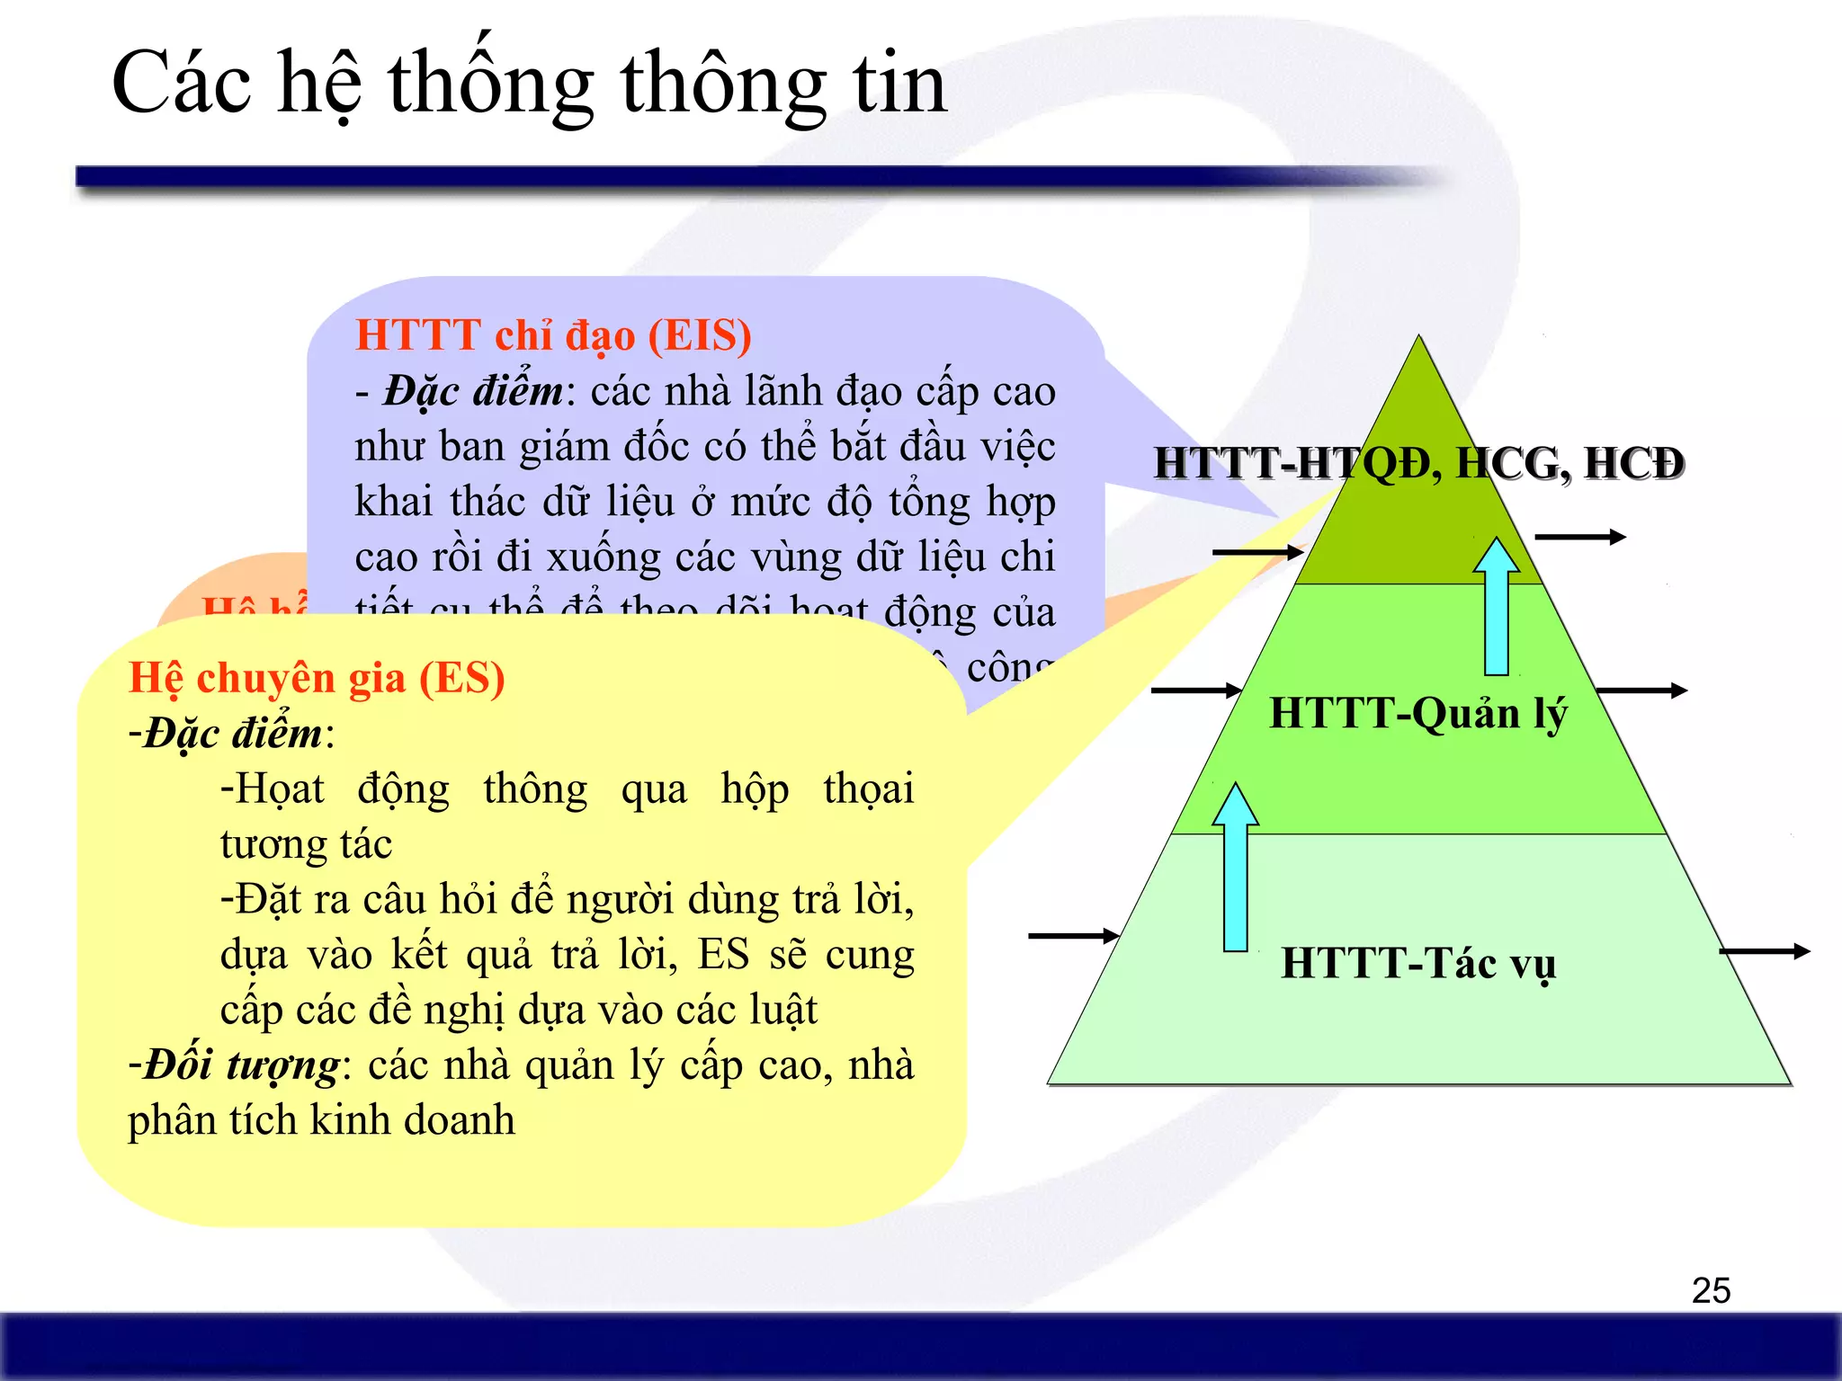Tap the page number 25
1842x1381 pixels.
click(1711, 1290)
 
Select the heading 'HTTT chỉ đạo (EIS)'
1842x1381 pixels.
click(553, 334)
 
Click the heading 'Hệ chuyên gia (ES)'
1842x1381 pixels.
click(317, 677)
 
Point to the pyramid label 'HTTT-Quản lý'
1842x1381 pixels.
click(1418, 713)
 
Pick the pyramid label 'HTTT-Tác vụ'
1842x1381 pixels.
click(1418, 963)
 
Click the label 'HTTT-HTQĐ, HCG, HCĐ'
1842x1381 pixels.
click(1418, 464)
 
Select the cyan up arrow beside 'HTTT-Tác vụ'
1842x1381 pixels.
click(1236, 868)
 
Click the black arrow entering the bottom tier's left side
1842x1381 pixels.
click(1073, 936)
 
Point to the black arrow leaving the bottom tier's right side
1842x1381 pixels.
click(1764, 951)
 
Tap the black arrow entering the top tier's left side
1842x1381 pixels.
click(1257, 552)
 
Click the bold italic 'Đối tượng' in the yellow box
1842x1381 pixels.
click(241, 1065)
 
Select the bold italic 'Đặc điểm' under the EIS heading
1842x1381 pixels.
click(474, 391)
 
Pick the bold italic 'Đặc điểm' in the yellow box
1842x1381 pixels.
click(233, 733)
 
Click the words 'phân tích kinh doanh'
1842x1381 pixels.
click(321, 1120)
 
